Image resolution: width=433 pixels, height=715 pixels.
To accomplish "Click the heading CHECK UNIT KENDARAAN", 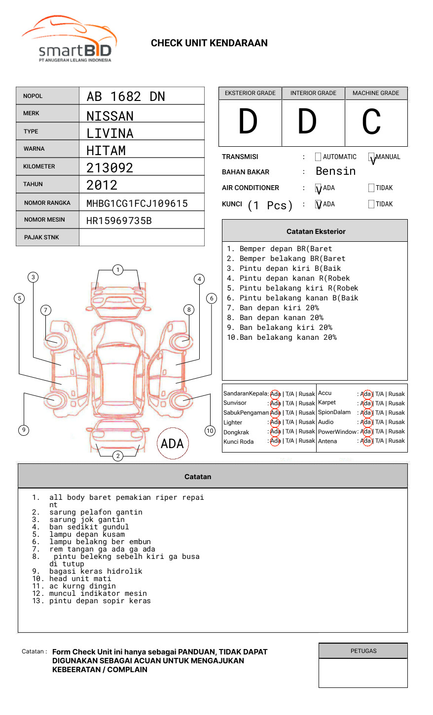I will tap(209, 43).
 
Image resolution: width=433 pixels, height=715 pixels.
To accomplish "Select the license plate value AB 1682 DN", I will tap(126, 97).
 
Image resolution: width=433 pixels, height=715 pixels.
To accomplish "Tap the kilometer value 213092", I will tap(109, 168).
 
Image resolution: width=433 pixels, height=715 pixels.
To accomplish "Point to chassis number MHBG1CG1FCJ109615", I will tap(137, 203).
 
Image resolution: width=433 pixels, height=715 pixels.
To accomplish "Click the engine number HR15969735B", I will tap(119, 221).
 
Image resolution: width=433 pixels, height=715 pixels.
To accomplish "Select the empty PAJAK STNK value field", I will tap(142, 237).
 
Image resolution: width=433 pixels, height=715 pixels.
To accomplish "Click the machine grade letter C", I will tap(371, 122).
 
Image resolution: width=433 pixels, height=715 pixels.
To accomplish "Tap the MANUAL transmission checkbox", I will tap(371, 157).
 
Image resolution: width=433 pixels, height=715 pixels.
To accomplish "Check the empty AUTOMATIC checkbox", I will tap(318, 157).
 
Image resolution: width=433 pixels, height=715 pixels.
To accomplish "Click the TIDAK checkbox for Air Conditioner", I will tap(371, 188).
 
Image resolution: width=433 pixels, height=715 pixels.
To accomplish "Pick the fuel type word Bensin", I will tap(335, 171).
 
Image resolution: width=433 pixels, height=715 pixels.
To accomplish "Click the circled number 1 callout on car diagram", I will tap(117, 270).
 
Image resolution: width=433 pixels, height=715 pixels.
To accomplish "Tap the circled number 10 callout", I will tap(210, 431).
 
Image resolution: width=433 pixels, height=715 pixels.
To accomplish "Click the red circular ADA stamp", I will tap(172, 444).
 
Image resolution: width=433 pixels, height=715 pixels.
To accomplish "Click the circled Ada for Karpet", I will tap(366, 403).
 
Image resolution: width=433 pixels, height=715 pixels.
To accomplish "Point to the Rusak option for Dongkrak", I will tap(306, 431).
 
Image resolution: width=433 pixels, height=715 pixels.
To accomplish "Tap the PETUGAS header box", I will tap(363, 651).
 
